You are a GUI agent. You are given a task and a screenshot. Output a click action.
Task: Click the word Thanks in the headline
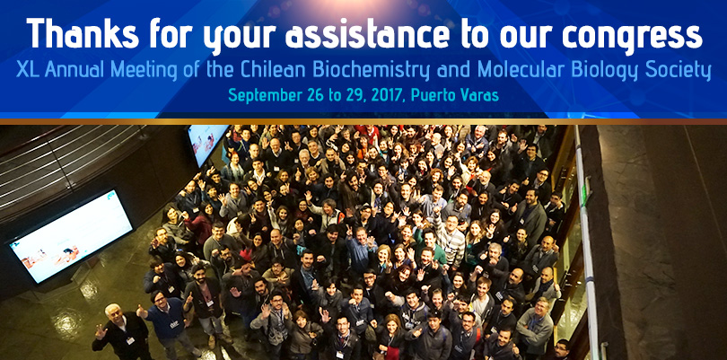83,34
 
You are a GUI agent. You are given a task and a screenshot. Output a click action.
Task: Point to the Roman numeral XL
27,70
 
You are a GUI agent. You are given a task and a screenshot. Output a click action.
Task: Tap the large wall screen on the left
71,236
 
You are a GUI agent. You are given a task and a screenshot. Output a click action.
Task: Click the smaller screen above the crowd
207,145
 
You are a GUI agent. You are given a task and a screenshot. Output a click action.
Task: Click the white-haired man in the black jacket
121,332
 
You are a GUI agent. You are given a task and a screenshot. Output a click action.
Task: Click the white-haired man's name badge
130,340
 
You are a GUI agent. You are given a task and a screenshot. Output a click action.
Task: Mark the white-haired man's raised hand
101,330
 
